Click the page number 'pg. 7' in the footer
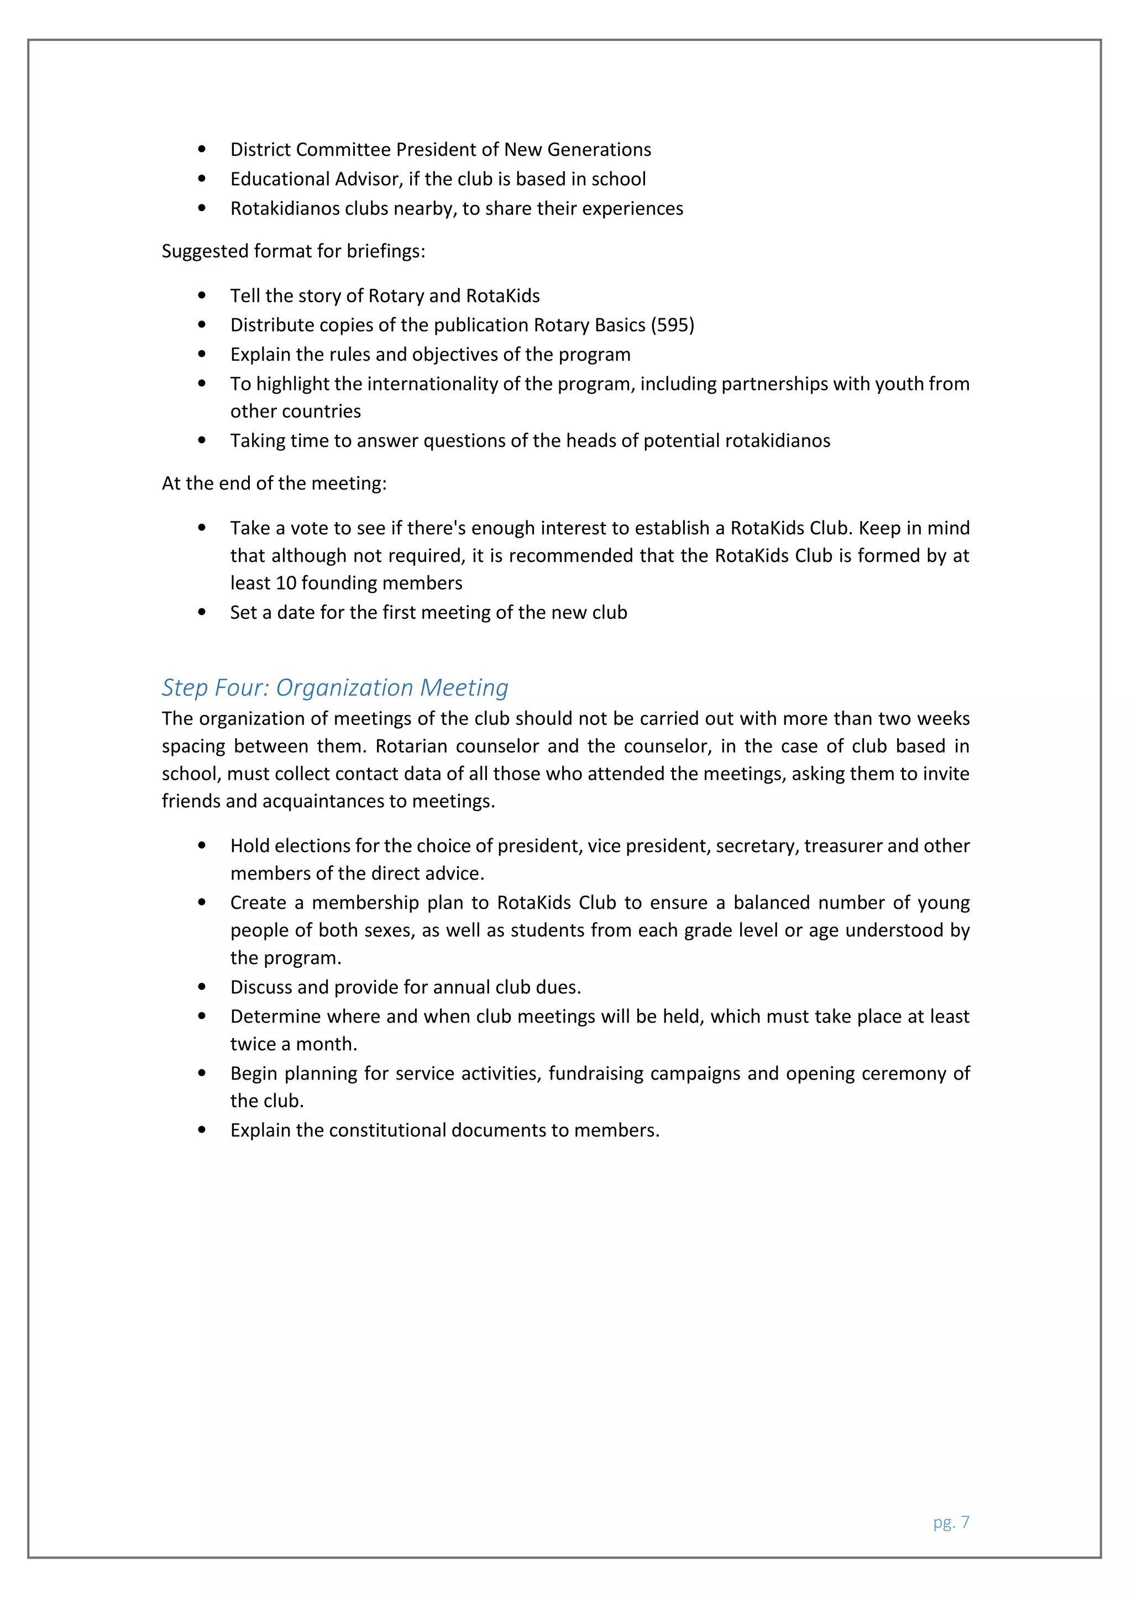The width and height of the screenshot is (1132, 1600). (x=951, y=1523)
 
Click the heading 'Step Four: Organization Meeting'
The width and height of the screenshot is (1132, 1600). (x=334, y=688)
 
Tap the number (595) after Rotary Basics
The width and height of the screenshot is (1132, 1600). (x=672, y=325)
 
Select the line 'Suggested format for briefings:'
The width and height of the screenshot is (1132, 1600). (x=293, y=251)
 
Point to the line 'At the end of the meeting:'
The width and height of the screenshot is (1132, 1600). (x=274, y=483)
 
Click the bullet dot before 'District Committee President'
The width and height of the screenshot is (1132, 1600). (x=202, y=149)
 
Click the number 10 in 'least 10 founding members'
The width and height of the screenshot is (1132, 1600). (x=286, y=583)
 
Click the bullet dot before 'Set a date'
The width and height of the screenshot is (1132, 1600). (x=202, y=613)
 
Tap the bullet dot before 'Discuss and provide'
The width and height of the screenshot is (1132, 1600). (x=202, y=987)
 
